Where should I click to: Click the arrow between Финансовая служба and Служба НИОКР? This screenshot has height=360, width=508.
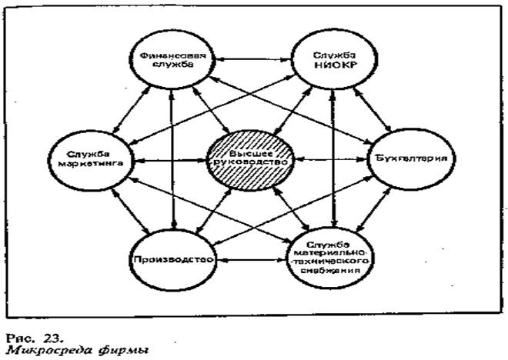tap(248, 59)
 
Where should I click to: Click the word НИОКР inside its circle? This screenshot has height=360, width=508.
tap(332, 67)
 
